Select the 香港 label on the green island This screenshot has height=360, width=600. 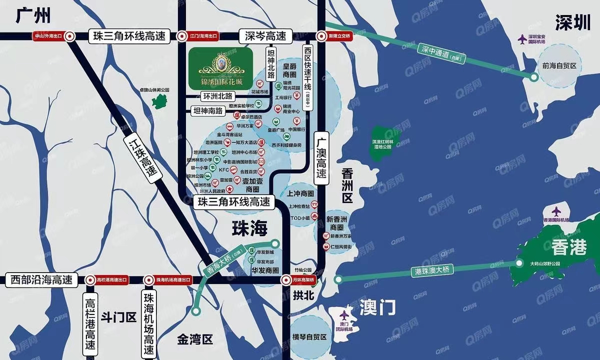[x=569, y=247]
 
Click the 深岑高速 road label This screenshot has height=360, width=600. [x=265, y=36]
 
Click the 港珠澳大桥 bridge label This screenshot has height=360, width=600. [x=432, y=269]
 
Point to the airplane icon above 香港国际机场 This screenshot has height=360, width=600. [x=556, y=211]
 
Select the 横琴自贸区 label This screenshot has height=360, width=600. [x=309, y=337]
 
